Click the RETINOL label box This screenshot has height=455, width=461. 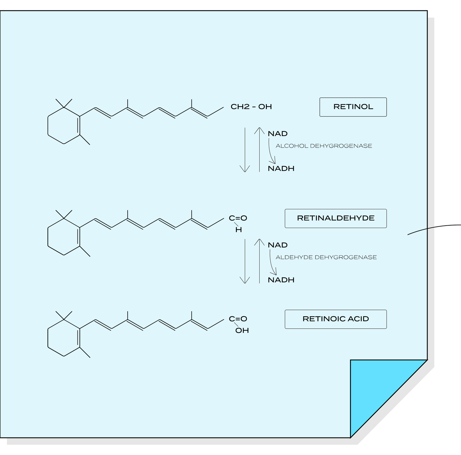[353, 107]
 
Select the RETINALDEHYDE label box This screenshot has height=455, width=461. [336, 218]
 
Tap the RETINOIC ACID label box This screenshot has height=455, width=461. [336, 319]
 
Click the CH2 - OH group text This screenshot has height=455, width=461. [251, 107]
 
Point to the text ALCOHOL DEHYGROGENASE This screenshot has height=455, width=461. [324, 146]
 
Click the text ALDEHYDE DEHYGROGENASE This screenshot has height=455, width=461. [326, 257]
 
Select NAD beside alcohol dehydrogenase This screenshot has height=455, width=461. [278, 134]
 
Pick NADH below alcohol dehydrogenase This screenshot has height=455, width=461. [281, 169]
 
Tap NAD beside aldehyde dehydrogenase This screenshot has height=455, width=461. [278, 245]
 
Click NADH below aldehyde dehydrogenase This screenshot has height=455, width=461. [281, 280]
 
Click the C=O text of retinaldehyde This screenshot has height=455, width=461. [238, 218]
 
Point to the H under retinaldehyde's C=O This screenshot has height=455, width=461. [239, 230]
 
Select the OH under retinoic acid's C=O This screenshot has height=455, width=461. [242, 331]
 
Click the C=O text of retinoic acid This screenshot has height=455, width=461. [238, 319]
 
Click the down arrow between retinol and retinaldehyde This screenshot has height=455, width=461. [245, 150]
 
